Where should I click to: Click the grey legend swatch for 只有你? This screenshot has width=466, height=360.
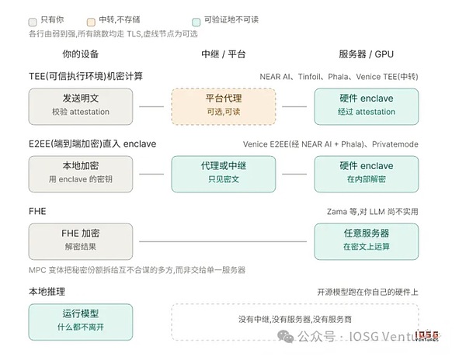click(x=33, y=22)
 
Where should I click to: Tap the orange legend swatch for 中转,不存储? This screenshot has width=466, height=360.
click(x=91, y=22)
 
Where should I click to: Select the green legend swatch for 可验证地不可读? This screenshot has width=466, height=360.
click(x=196, y=22)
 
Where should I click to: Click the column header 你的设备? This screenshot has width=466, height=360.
click(x=80, y=54)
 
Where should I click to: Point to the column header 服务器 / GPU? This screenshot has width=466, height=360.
click(x=366, y=54)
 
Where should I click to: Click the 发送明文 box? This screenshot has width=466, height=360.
click(x=81, y=106)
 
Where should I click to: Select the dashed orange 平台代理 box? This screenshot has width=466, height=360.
click(x=224, y=106)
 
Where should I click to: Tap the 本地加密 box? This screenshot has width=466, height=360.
click(x=81, y=174)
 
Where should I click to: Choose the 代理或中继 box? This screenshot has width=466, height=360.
click(x=224, y=174)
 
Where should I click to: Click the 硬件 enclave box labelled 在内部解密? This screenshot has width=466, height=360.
click(x=367, y=174)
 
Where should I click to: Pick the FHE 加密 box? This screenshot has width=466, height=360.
click(x=81, y=241)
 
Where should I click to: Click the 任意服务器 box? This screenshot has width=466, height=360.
click(x=367, y=241)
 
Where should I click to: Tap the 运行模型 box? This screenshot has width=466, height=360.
click(x=81, y=322)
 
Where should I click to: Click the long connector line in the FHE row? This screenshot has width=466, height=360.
click(x=223, y=241)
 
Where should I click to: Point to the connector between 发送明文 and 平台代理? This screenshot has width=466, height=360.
click(x=151, y=106)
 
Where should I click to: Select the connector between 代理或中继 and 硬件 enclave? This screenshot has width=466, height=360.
click(x=294, y=174)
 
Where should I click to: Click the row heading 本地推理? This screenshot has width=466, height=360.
click(x=47, y=292)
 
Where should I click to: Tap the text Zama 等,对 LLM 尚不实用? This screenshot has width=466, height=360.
click(x=372, y=212)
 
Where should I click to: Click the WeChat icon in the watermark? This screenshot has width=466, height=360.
click(x=285, y=336)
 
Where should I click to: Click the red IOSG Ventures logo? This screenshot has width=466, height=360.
click(x=426, y=336)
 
